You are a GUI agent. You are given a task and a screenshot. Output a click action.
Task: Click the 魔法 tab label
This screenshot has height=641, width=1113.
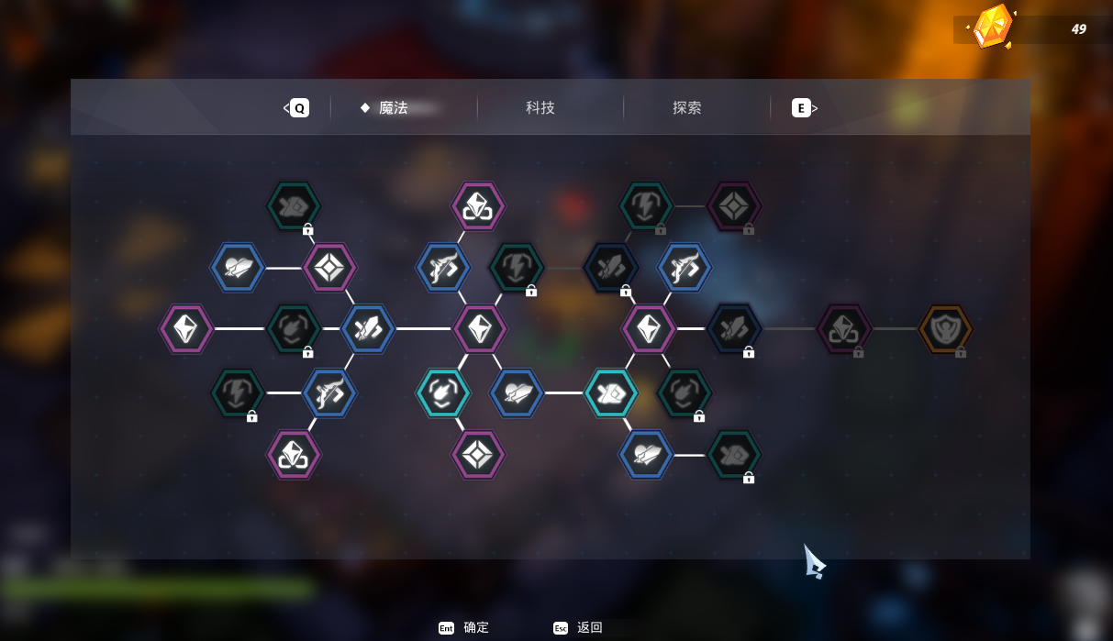pos(393,107)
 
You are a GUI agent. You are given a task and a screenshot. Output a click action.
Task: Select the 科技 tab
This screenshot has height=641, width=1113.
pos(540,107)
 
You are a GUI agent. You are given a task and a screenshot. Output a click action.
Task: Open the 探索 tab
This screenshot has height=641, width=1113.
pos(686,107)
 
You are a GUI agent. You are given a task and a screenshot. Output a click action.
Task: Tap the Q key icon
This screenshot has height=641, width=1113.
pos(300,107)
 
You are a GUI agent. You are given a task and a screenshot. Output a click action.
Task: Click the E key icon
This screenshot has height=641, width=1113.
pos(801,107)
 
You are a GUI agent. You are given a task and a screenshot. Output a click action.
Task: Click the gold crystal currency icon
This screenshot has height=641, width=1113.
pos(992,27)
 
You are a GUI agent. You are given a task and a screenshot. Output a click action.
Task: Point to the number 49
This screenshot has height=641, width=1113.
pos(1078,29)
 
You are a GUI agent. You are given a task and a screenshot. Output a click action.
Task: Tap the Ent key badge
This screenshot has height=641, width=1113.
pos(446,628)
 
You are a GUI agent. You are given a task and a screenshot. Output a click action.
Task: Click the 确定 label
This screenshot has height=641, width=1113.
pos(476,627)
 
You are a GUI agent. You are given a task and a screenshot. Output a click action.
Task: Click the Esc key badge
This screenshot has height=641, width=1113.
pos(561,628)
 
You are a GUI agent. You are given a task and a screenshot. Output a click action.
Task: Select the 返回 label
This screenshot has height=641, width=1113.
pos(590,627)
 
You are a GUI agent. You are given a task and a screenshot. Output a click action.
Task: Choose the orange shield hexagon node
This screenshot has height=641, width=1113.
pos(945,328)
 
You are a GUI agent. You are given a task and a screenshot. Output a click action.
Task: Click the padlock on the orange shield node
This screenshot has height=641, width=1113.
pos(961,352)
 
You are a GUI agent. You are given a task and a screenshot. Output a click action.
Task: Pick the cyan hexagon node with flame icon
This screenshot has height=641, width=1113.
pos(442,392)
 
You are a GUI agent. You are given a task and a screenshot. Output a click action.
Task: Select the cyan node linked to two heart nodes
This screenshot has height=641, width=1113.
pos(611,392)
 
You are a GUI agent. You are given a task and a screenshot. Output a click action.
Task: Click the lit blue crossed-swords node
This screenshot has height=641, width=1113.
pos(368,328)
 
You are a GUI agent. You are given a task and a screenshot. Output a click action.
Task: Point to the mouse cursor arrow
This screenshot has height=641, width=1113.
pos(814,561)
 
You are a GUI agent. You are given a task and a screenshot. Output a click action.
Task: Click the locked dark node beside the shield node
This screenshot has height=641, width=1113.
pos(844,328)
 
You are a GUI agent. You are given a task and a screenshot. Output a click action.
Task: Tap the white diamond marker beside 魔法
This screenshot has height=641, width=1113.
pos(365,107)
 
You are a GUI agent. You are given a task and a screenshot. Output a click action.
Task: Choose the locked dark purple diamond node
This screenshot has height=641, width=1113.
pos(734,205)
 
